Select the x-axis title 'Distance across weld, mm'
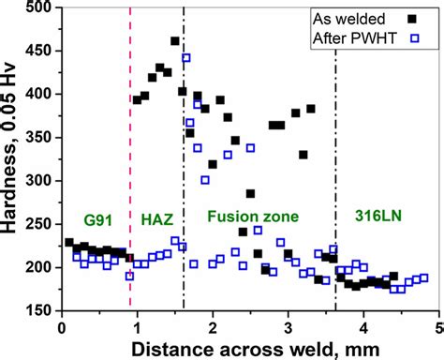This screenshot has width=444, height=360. pyautogui.click(x=251, y=348)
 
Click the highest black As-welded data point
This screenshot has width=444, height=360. pyautogui.click(x=175, y=41)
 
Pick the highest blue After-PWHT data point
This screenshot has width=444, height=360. pyautogui.click(x=185, y=58)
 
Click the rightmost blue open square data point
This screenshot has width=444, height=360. pyautogui.click(x=424, y=277)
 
